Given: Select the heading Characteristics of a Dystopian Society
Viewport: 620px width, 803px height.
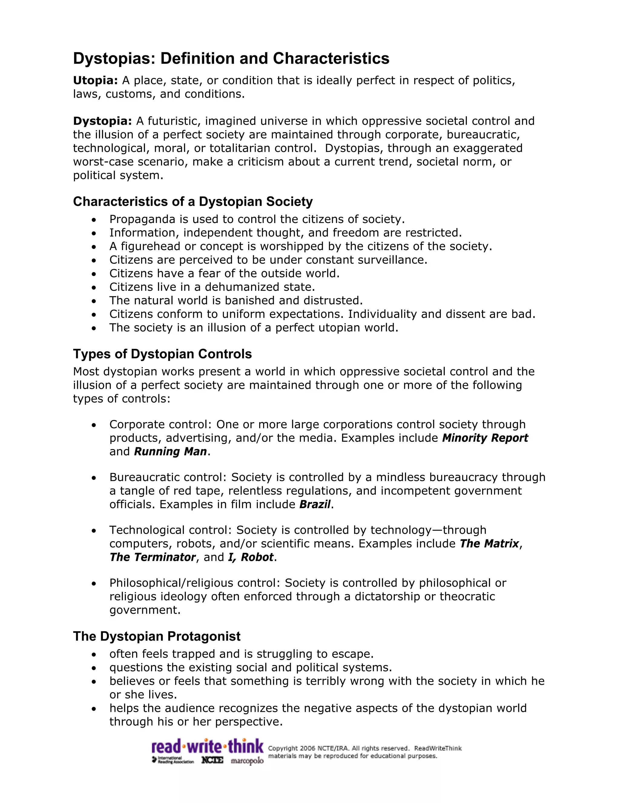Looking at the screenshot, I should (x=193, y=202).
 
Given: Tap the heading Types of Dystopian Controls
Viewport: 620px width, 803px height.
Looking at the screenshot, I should (x=162, y=354).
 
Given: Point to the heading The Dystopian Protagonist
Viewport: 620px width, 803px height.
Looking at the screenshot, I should (x=157, y=636).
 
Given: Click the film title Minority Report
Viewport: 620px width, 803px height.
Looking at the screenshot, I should (x=485, y=438).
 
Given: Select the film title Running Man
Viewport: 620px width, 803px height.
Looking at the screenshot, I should (x=170, y=451).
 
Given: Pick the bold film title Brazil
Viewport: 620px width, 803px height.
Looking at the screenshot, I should (x=315, y=504).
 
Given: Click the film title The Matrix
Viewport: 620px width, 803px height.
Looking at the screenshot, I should (x=489, y=543).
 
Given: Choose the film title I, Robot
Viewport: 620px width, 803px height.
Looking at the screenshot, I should (x=250, y=557).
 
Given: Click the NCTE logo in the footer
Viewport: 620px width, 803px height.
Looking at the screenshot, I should (x=212, y=760).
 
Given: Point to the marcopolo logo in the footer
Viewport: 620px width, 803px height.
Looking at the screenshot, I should (x=247, y=760).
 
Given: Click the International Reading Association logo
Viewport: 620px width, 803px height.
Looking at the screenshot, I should (x=173, y=760).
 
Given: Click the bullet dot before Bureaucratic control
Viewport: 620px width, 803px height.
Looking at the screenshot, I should (x=94, y=478).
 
